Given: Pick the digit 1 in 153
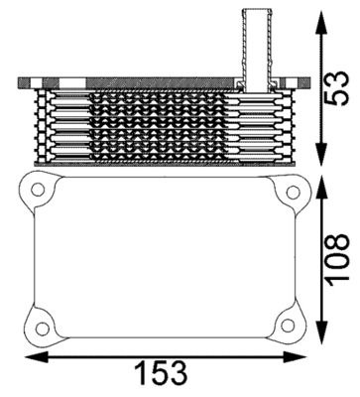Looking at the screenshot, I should (x=144, y=373).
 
